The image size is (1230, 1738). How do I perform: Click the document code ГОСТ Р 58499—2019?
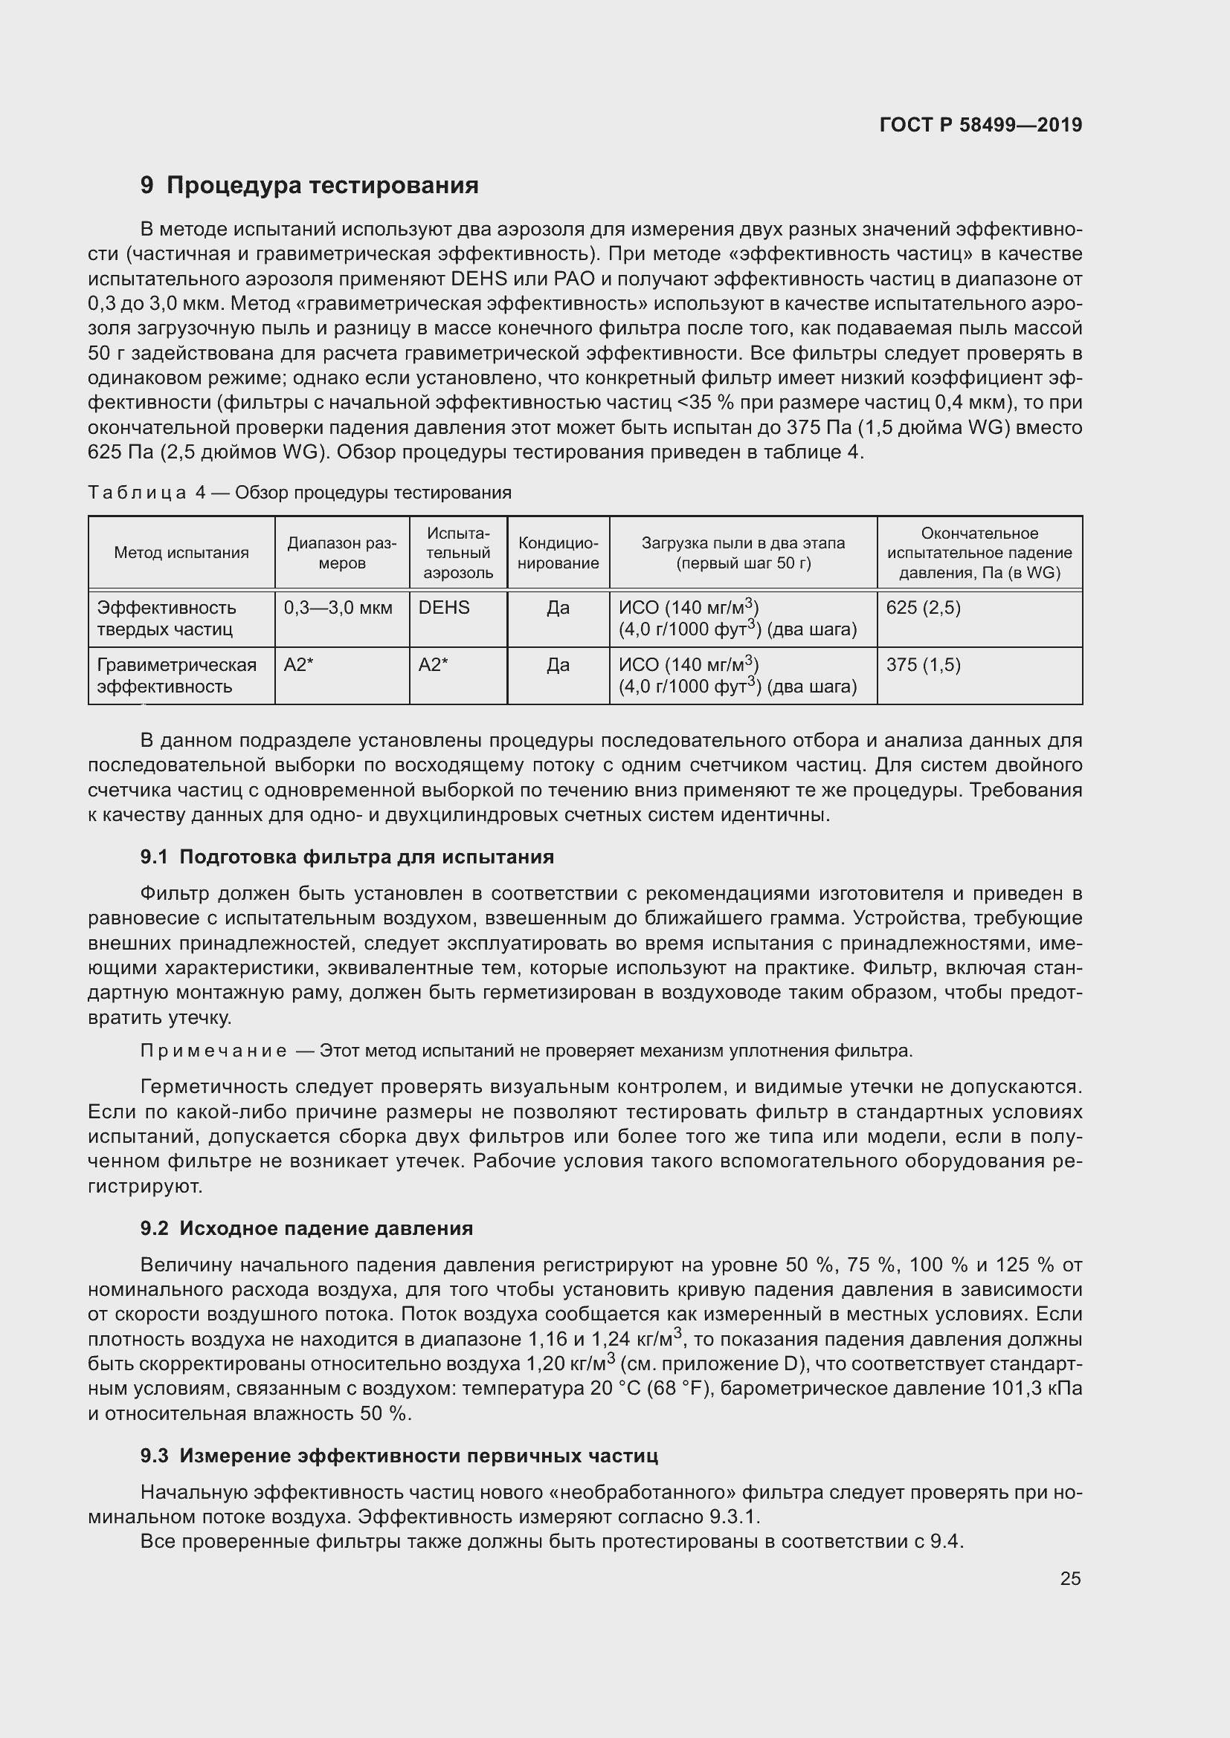click(x=980, y=125)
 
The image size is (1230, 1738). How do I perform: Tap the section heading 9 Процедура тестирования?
click(x=309, y=186)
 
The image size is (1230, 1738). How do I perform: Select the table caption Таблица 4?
click(x=299, y=493)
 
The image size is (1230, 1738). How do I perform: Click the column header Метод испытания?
click(x=181, y=553)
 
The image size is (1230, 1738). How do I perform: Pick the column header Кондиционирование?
click(x=558, y=553)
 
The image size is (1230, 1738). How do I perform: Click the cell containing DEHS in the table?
click(x=444, y=608)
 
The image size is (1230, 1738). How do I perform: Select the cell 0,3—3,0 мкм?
click(x=338, y=608)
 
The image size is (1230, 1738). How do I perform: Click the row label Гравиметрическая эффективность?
click(x=176, y=675)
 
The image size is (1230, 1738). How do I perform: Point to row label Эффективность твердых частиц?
click(x=166, y=618)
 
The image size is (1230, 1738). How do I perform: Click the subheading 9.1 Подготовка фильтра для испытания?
click(x=347, y=857)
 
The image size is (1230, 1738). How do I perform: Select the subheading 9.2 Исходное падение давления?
click(x=306, y=1228)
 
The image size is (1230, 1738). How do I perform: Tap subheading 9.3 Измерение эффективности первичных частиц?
click(x=399, y=1456)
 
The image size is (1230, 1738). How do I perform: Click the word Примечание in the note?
click(x=214, y=1051)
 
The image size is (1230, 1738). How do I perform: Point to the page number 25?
click(x=1069, y=1578)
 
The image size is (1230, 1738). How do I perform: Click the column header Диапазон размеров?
click(x=341, y=553)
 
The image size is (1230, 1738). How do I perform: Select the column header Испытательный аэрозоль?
click(x=458, y=553)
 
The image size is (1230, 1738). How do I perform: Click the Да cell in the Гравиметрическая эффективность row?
click(x=558, y=665)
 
